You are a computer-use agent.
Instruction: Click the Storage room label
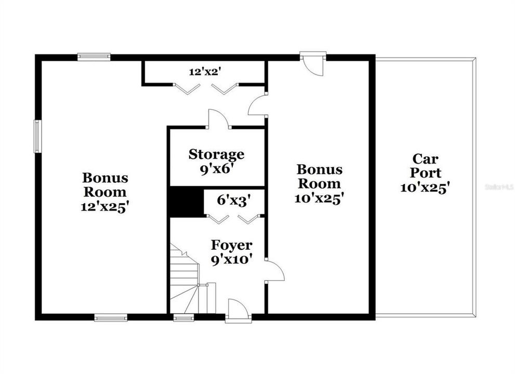click(216, 154)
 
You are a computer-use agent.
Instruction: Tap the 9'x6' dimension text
click(216, 170)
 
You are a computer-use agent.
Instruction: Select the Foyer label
click(232, 245)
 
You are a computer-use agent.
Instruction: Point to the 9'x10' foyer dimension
click(232, 260)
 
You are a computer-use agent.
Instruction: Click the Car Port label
click(425, 166)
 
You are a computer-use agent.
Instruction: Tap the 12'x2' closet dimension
click(204, 72)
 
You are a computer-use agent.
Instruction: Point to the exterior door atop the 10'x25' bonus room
click(313, 65)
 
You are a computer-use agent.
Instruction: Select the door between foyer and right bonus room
click(274, 271)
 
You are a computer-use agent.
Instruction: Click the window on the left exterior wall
click(38, 136)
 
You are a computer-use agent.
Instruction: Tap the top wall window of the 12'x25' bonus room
click(94, 57)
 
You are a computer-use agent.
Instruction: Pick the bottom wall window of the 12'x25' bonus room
click(111, 317)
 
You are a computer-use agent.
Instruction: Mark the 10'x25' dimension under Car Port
click(425, 188)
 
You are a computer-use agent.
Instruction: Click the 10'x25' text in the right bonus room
click(319, 198)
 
